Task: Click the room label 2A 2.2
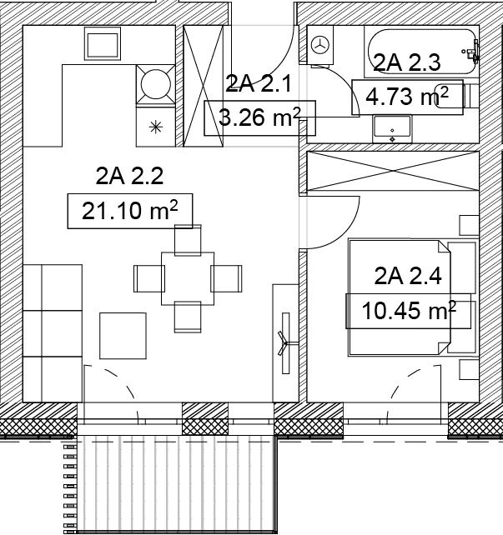pos(129,176)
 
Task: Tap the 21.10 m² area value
pos(130,211)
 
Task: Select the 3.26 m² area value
pos(259,117)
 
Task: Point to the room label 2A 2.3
pos(407,62)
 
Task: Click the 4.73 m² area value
pos(407,97)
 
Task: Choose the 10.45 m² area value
pos(409,311)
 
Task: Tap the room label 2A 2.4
pos(408,276)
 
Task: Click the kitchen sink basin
pos(103,43)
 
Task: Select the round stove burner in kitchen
pos(156,84)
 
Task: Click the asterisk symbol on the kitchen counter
pos(156,127)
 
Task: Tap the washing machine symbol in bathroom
pos(320,45)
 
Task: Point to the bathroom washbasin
pos(392,129)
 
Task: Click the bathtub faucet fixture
pos(472,51)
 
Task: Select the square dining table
pos(188,278)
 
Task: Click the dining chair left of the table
pos(149,278)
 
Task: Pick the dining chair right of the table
pos(226,278)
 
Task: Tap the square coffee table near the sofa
pos(123,336)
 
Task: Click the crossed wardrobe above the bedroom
pos(393,171)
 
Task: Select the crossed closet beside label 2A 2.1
pos(204,86)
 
